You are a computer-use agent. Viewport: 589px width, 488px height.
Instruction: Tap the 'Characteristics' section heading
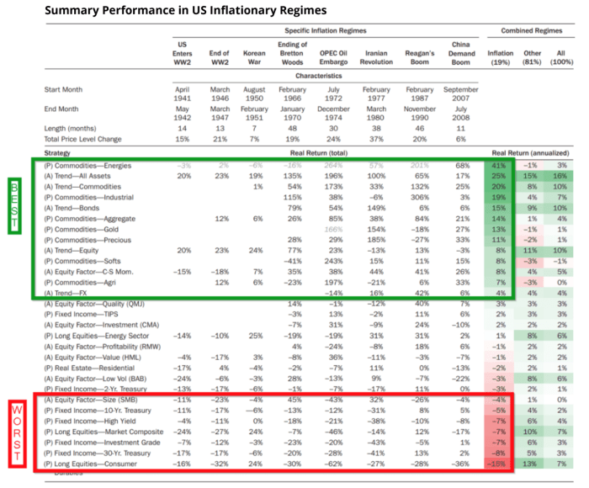(x=319, y=74)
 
